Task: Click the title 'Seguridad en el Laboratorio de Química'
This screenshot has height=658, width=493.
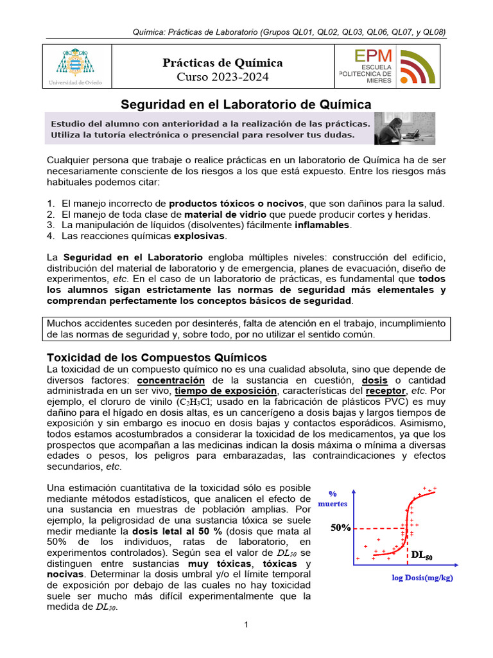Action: pyautogui.click(x=246, y=104)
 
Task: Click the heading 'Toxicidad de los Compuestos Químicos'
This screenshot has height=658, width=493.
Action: pyautogui.click(x=157, y=357)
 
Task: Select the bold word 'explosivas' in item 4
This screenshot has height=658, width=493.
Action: pyautogui.click(x=200, y=236)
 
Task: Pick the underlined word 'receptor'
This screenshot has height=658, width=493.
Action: pyautogui.click(x=386, y=391)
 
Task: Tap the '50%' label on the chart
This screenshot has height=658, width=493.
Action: pyautogui.click(x=341, y=528)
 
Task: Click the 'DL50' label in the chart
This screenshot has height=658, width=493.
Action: pyautogui.click(x=422, y=555)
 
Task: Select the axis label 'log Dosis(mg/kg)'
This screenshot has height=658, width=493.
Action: pyautogui.click(x=422, y=578)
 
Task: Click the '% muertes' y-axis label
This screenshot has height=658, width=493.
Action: pyautogui.click(x=333, y=499)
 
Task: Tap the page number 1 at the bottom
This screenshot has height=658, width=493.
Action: pyautogui.click(x=246, y=625)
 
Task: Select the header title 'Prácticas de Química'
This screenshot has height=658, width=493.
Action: pyautogui.click(x=223, y=63)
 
